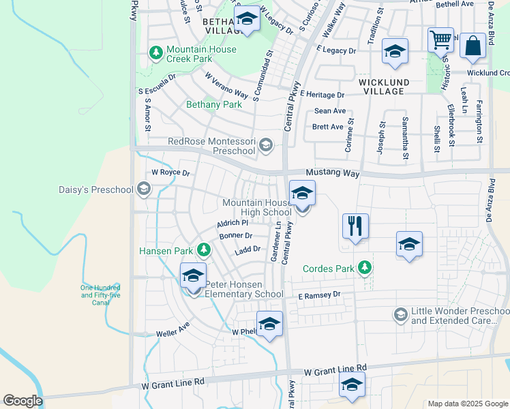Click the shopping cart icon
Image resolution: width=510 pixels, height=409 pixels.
(x=440, y=40)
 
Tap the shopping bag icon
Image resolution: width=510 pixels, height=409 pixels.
(x=472, y=46)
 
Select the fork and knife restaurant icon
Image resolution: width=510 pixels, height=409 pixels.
(x=355, y=226)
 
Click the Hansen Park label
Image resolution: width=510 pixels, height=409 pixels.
(x=166, y=251)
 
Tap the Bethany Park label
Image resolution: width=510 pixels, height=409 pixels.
(x=214, y=105)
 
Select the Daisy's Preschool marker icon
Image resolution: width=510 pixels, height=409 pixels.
(x=143, y=188)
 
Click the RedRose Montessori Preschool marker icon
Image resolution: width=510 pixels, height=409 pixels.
(x=266, y=145)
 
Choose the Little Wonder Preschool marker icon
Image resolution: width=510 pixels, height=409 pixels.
(x=400, y=315)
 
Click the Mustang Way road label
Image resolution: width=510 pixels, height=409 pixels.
(x=332, y=174)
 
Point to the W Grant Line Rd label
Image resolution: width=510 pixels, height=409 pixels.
(x=335, y=371)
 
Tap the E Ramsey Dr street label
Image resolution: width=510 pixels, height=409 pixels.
(x=318, y=295)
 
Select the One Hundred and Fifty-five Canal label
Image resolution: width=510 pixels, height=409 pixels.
(x=100, y=294)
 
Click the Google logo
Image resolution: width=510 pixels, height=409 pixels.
(x=22, y=401)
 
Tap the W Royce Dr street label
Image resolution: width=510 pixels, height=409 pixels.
(x=170, y=173)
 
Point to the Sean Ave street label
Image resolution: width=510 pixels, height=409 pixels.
(x=329, y=111)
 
